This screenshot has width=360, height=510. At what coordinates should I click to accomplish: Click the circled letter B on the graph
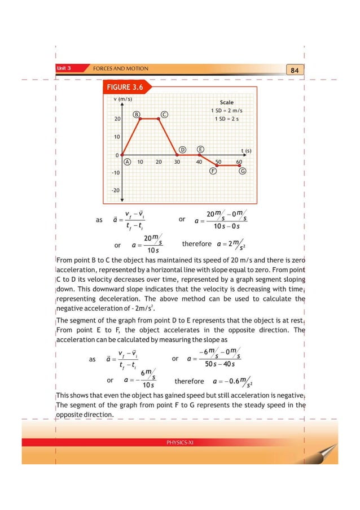(137, 115)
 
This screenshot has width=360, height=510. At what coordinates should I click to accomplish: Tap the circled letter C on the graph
(164, 115)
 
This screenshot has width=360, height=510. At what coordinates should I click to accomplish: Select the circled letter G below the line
(242, 171)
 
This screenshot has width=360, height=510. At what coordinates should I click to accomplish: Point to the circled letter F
(213, 171)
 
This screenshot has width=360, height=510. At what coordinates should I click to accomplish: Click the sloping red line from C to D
(168, 136)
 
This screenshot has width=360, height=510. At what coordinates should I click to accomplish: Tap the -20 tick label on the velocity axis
(116, 190)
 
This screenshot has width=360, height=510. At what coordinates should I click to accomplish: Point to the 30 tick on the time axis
(177, 162)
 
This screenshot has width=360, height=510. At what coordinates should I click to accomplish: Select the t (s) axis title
(246, 151)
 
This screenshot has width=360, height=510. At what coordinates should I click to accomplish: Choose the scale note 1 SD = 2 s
(226, 119)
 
